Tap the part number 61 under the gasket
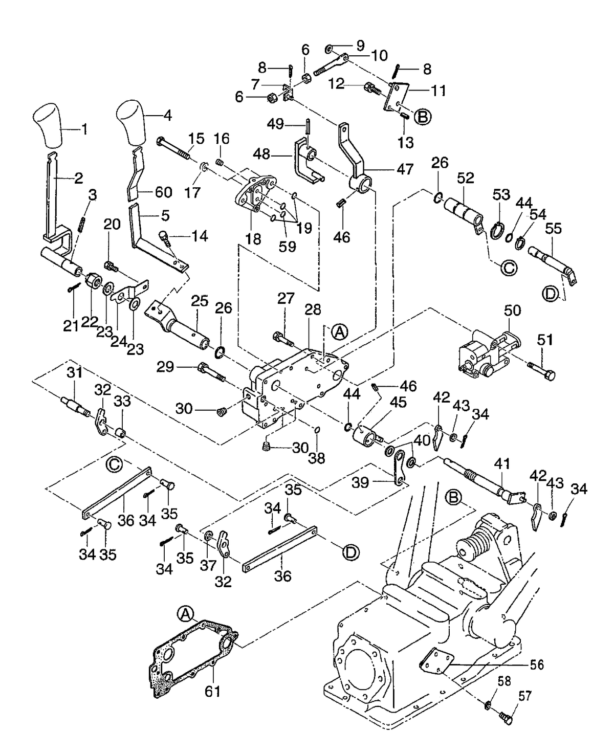pyautogui.click(x=212, y=691)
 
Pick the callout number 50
pyautogui.click(x=512, y=311)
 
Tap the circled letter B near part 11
pyautogui.click(x=423, y=117)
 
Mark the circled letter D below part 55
pyautogui.click(x=551, y=294)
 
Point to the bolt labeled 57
pyautogui.click(x=507, y=720)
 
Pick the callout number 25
pyautogui.click(x=200, y=300)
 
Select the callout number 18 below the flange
pyautogui.click(x=253, y=239)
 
